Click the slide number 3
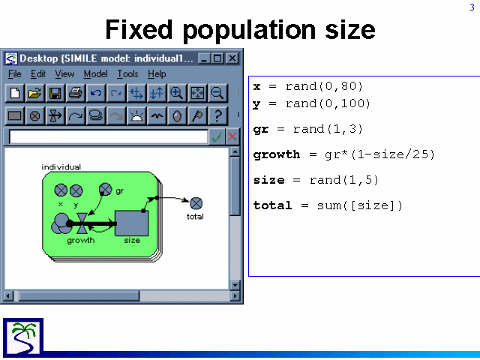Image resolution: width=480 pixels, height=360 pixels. tap(472, 7)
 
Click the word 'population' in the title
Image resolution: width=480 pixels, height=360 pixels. tap(249, 31)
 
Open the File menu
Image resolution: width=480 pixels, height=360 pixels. tap(14, 74)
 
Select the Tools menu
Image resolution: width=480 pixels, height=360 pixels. tap(127, 74)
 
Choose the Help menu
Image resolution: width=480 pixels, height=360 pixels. tap(157, 74)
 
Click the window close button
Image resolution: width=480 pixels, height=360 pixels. tap(232, 58)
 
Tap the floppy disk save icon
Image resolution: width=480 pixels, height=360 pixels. tap(55, 93)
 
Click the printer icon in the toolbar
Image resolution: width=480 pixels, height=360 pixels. tap(75, 93)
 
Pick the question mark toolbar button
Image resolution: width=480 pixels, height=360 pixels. tap(217, 116)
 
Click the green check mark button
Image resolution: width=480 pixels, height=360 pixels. tap(217, 136)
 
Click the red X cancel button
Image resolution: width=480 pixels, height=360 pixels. tap(232, 136)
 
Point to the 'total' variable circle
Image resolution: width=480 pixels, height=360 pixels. tap(196, 203)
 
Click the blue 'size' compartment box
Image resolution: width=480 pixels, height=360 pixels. tap(132, 223)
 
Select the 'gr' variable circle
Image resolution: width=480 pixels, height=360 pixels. tap(106, 189)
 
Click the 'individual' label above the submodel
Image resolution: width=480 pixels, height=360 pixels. tap(61, 167)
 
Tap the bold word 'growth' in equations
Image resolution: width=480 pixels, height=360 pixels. tap(277, 154)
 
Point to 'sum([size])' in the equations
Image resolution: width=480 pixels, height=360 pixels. tap(359, 205)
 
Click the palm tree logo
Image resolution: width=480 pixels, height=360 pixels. tap(23, 337)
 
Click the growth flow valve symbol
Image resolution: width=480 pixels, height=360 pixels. tap(82, 223)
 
